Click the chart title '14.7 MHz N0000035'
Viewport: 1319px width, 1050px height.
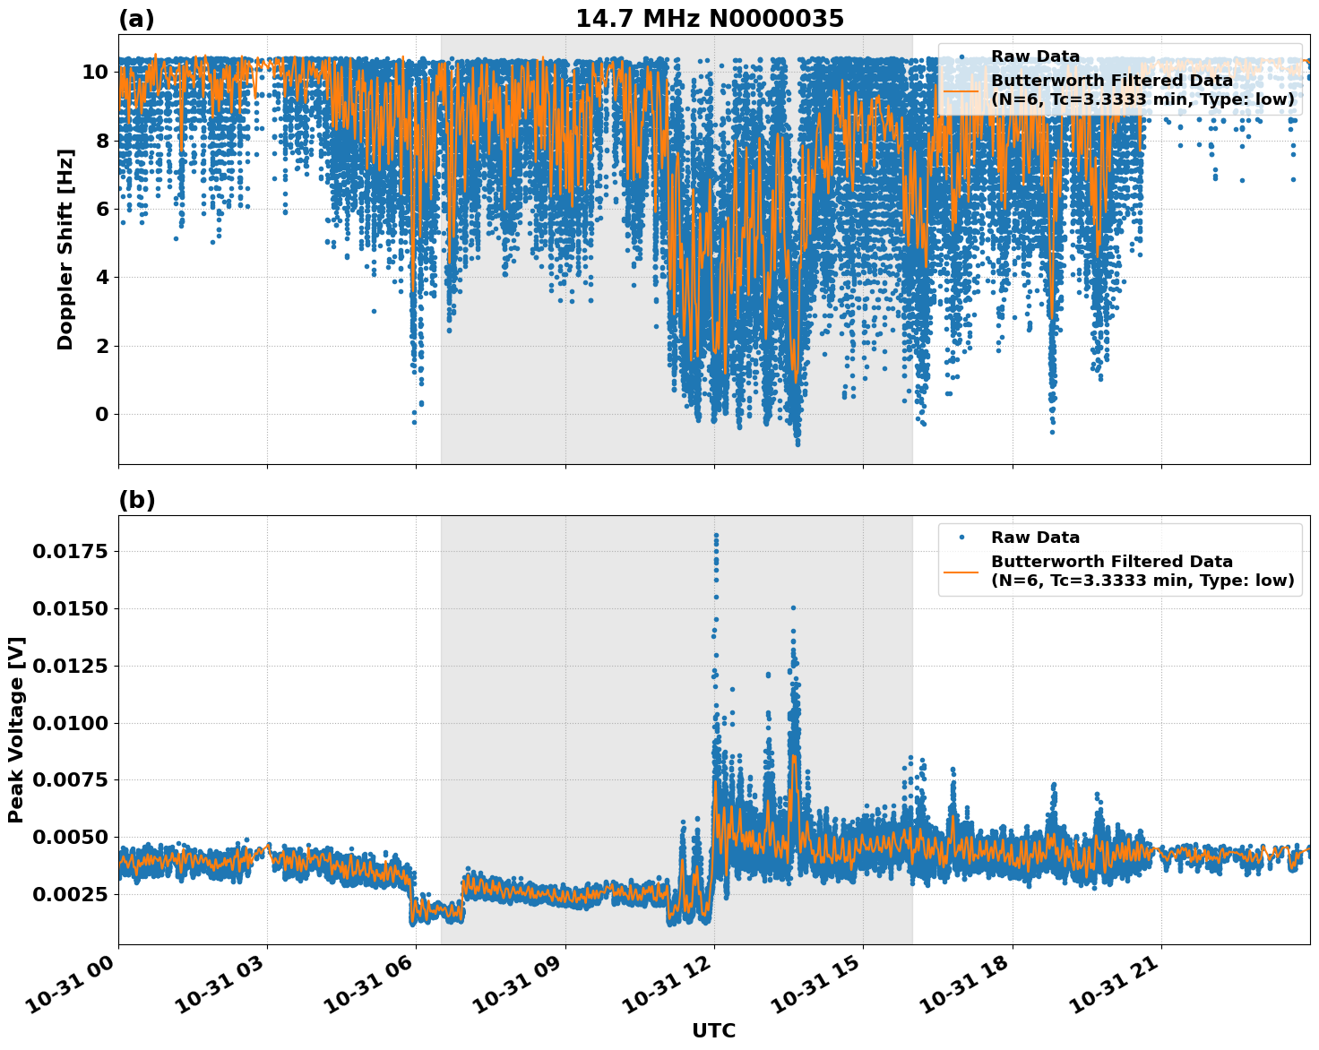point(709,19)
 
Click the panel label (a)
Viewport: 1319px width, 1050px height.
point(136,19)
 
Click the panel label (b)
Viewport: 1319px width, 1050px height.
point(136,500)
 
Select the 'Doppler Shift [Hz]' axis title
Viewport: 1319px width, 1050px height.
point(65,249)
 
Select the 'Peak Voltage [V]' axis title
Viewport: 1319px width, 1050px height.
point(16,729)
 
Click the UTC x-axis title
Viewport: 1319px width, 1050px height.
point(713,1030)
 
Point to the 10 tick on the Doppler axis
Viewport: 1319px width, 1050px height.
point(95,72)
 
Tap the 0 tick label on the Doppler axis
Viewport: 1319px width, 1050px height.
point(101,414)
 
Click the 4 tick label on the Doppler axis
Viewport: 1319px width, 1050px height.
point(101,277)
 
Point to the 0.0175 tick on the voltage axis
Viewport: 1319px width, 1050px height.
point(70,551)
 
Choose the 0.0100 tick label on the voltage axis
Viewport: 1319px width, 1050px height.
point(70,723)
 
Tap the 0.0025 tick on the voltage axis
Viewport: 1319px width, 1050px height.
point(70,894)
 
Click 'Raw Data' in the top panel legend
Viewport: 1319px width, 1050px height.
point(1035,56)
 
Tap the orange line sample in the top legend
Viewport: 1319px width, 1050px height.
point(961,90)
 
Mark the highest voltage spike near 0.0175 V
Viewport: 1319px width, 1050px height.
point(715,535)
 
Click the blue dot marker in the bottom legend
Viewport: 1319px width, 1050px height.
point(961,538)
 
